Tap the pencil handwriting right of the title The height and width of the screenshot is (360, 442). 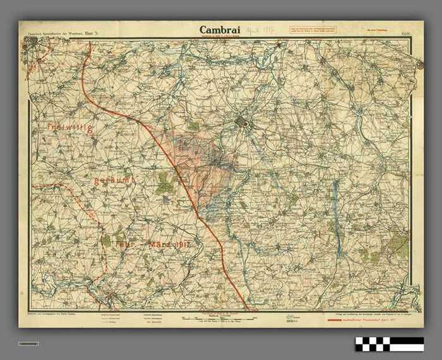[x=258, y=29]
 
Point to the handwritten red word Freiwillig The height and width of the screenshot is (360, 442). [x=69, y=128]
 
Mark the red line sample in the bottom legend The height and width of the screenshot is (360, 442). [x=341, y=320]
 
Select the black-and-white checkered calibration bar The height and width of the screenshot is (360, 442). [x=389, y=344]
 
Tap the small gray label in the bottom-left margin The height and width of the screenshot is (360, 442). [x=28, y=343]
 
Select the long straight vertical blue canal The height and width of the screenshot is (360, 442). [x=335, y=202]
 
